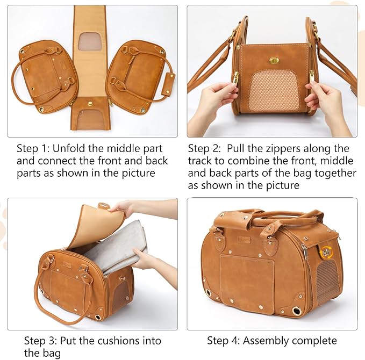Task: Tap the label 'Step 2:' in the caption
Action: point(206,148)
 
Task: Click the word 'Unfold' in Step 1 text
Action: point(73,148)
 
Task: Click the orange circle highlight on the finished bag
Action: point(325,251)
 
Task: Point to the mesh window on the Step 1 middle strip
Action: point(90,41)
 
